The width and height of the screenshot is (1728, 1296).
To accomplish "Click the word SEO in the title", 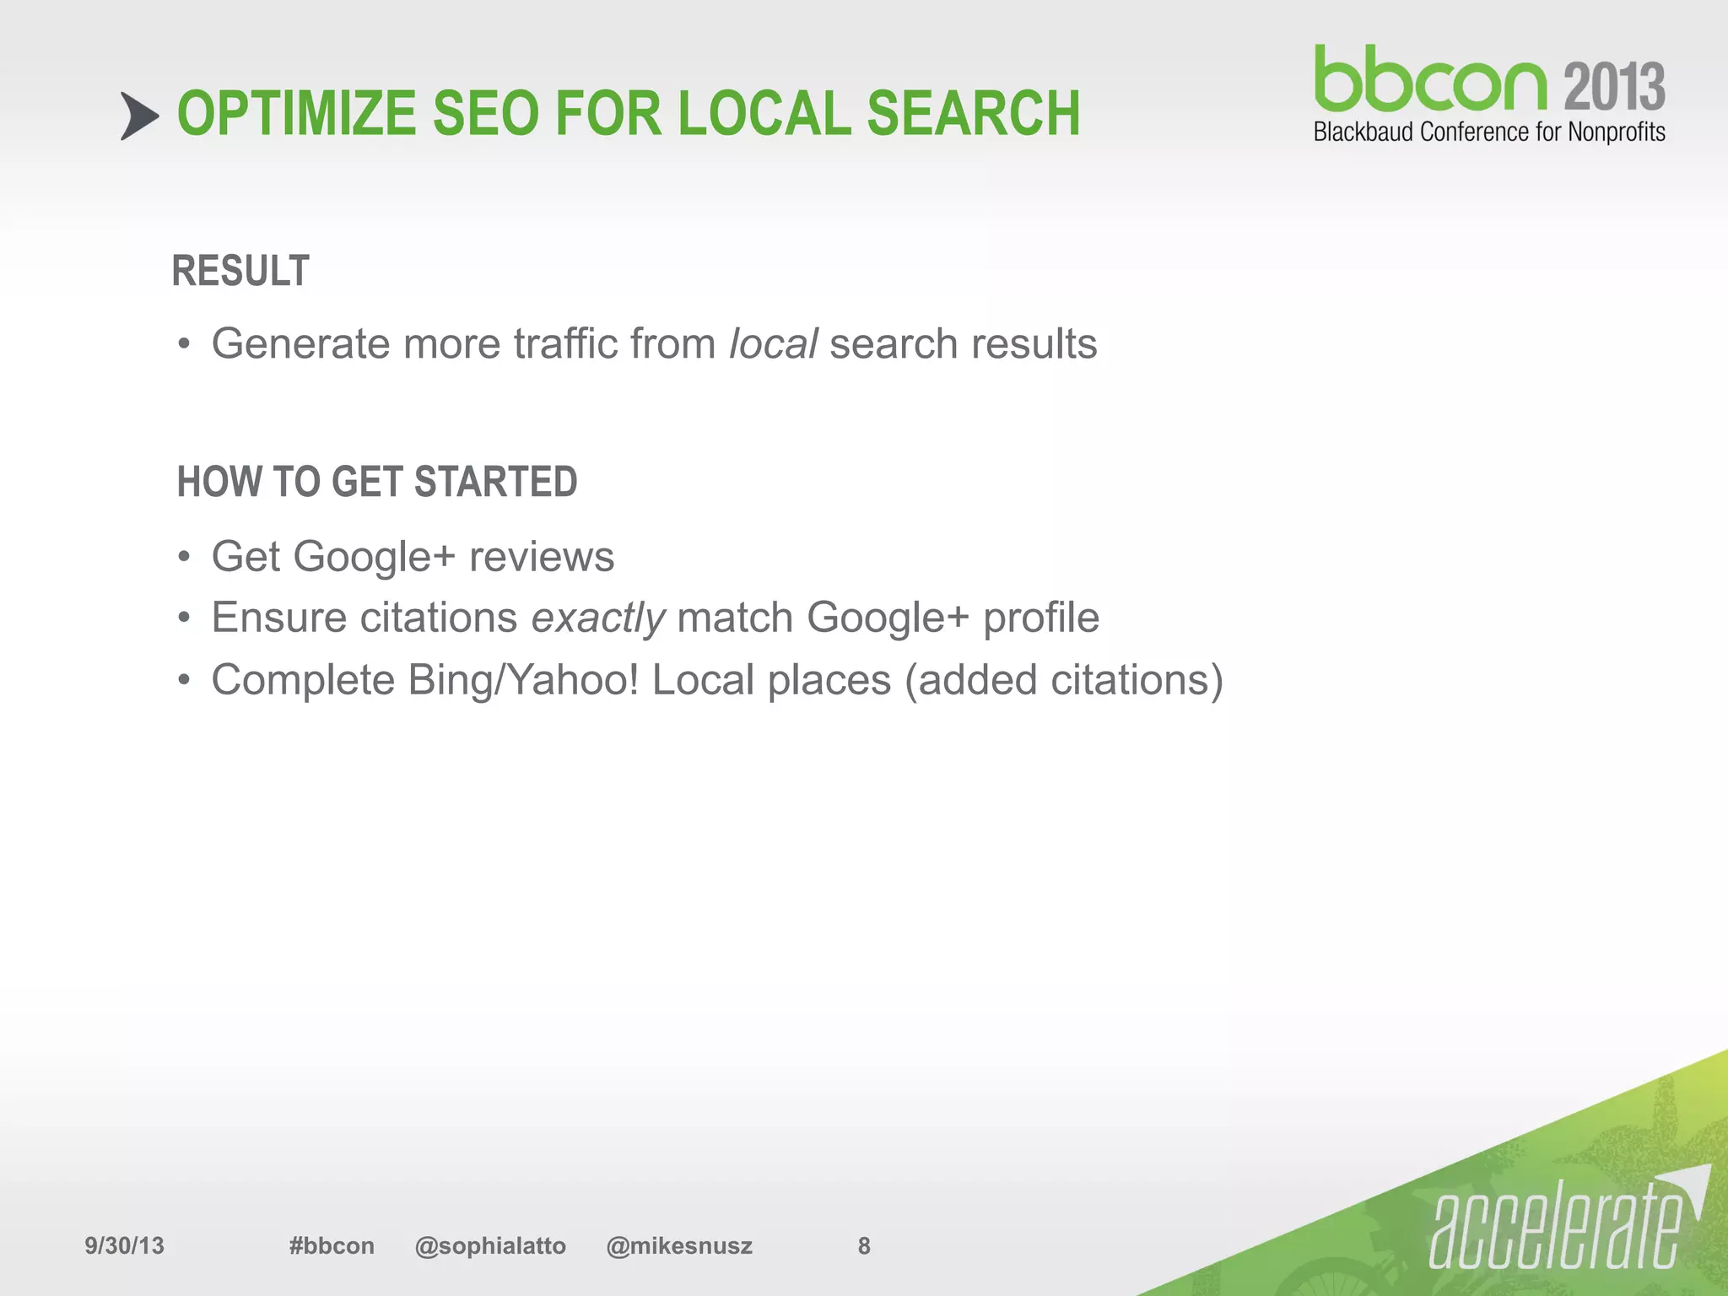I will point(485,114).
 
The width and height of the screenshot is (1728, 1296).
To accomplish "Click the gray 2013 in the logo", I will point(1614,87).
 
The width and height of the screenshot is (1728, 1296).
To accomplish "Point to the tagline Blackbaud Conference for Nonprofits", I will point(1489,132).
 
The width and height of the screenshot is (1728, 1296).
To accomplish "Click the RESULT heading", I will point(240,272).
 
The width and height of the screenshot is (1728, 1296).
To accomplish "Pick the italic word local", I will point(773,344).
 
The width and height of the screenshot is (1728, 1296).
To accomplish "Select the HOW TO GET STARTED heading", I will point(377,483).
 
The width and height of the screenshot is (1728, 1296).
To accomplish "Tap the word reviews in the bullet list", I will point(542,557).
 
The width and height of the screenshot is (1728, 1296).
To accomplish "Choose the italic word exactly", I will point(598,618).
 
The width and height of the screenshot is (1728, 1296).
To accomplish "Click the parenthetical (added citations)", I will point(1063,680).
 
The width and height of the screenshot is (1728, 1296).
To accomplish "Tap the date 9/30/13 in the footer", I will point(124,1245).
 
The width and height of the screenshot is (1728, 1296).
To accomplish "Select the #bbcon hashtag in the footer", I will point(332,1245).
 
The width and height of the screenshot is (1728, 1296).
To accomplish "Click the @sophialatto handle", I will point(490,1245).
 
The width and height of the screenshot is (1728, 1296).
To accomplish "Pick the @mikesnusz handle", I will point(679,1245).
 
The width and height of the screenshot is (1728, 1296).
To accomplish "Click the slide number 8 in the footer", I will point(864,1245).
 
